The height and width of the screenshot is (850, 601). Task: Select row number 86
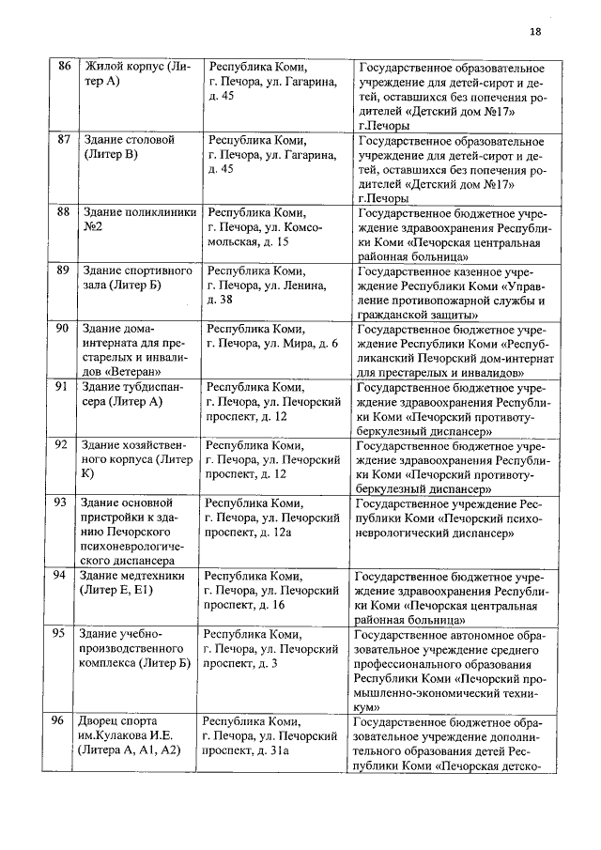(x=64, y=67)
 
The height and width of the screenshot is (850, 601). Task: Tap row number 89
(x=64, y=270)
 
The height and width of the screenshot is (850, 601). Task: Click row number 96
(x=58, y=720)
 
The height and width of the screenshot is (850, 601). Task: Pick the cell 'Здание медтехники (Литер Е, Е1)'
(x=131, y=582)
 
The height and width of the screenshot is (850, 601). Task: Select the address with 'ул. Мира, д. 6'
(x=271, y=344)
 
